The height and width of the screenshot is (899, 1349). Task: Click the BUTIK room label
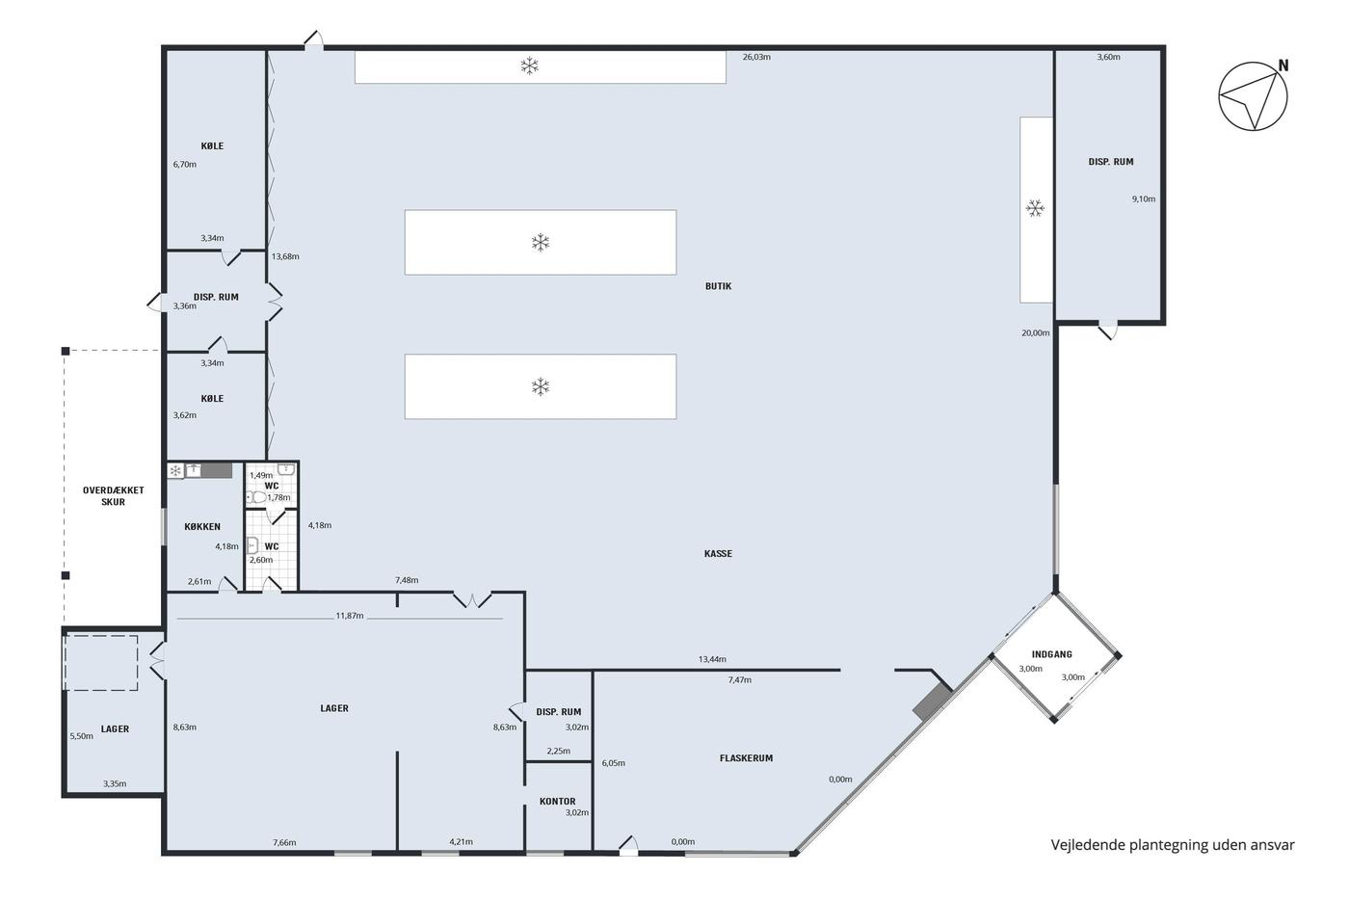(718, 286)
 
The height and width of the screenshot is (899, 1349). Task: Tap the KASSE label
(718, 553)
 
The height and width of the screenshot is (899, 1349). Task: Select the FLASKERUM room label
(746, 758)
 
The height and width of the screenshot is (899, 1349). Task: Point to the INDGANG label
(1051, 654)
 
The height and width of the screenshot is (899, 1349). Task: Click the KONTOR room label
(558, 802)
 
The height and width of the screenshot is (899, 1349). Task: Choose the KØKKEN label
(202, 526)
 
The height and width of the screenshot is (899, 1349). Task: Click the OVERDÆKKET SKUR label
(114, 496)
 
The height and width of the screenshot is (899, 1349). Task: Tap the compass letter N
(1283, 66)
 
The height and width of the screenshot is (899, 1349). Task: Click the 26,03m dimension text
(756, 57)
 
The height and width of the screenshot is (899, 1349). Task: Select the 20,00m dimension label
(1035, 333)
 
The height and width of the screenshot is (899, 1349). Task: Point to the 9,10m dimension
(1144, 198)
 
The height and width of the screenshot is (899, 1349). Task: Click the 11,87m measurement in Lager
(349, 616)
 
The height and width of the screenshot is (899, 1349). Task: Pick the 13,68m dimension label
(285, 256)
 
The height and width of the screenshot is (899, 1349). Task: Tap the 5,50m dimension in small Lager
(81, 736)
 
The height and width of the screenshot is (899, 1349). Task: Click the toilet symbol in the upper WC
(257, 497)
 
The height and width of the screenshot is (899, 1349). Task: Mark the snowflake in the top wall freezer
(529, 66)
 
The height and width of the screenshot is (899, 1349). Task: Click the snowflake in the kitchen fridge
(175, 471)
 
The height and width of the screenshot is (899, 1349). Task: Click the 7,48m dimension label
(407, 580)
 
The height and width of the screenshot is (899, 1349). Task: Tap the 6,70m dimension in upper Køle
(184, 165)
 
